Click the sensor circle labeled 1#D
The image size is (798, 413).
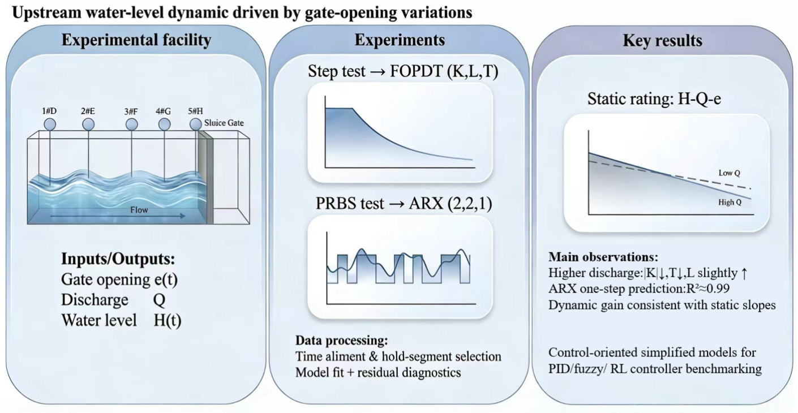pos(50,124)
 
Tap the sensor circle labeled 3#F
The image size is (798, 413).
pos(131,124)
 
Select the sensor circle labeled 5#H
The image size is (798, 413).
pos(196,124)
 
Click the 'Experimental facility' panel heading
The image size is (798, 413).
pos(136,41)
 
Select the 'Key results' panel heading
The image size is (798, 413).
pos(662,41)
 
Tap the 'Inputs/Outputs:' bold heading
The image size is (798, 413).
pos(118,261)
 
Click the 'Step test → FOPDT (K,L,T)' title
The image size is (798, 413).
pos(403,72)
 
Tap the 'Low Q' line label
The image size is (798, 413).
pos(729,173)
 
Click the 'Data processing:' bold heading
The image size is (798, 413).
pos(342,341)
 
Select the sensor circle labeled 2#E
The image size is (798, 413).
pos(89,124)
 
